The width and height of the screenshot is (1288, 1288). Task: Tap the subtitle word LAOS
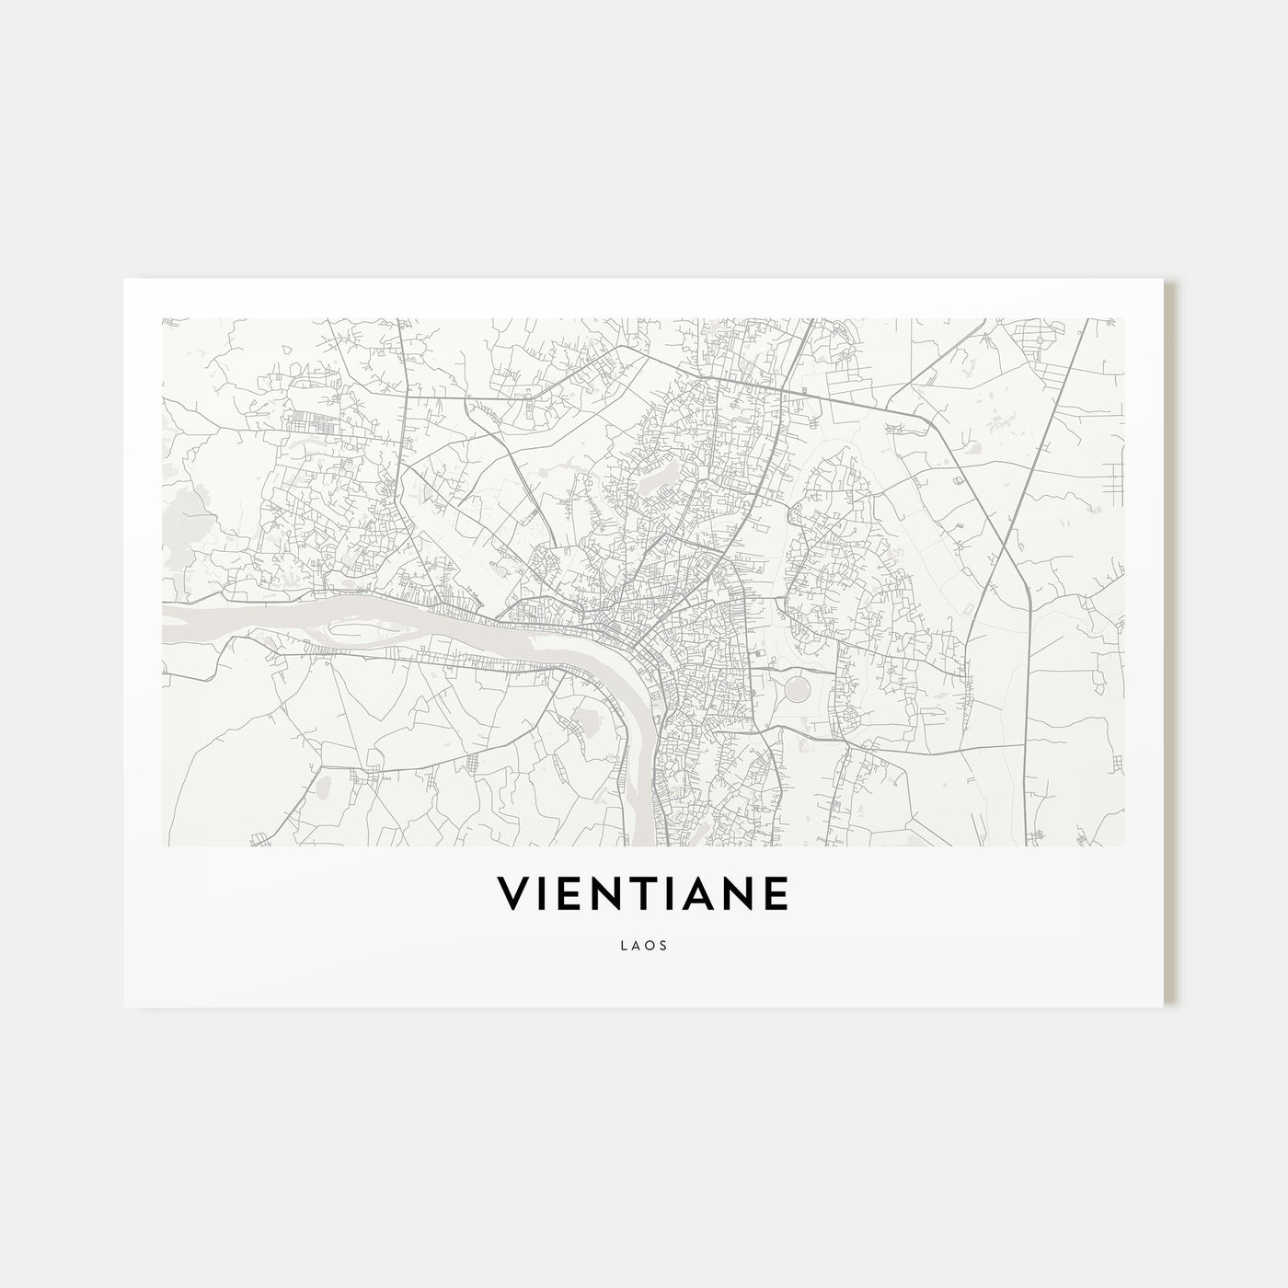[644, 943]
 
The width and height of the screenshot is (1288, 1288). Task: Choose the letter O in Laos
[651, 943]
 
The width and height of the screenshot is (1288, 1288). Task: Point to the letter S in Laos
[664, 943]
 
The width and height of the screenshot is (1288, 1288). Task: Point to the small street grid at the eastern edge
[1115, 478]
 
